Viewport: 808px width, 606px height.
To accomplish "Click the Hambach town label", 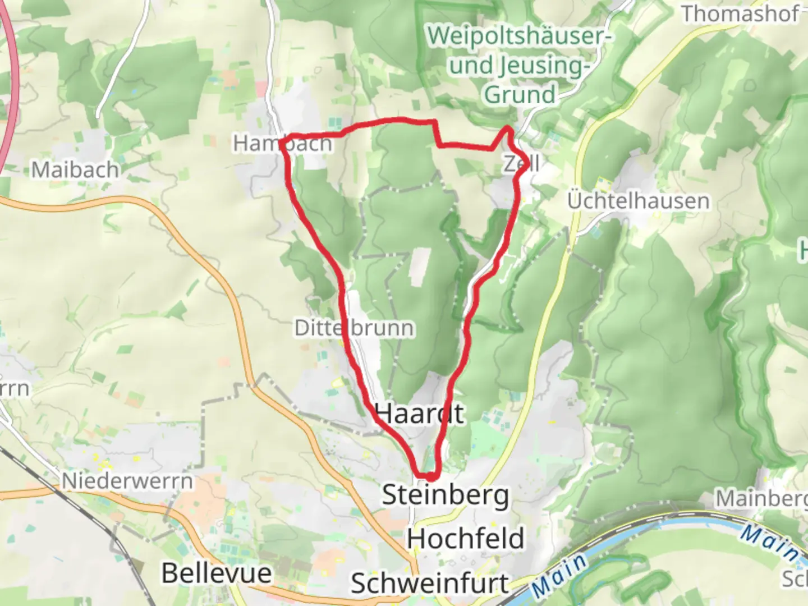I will click(283, 144).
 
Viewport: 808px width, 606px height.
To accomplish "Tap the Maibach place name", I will click(75, 169).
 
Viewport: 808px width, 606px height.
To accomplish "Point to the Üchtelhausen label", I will click(638, 201).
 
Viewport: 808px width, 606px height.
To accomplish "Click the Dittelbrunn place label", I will click(354, 328).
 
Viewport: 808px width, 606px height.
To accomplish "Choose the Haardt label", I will click(419, 414).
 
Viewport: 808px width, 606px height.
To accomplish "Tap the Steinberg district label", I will click(446, 495).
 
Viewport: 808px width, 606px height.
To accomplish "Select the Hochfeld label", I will click(466, 539).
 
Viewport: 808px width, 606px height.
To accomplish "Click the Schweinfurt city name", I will click(430, 584).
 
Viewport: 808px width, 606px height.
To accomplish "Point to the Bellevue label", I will click(217, 573).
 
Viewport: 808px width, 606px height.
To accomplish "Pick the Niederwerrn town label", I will click(127, 481).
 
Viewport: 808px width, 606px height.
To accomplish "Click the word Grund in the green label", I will click(520, 94).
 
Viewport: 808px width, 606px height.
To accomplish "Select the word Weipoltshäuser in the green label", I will click(520, 36).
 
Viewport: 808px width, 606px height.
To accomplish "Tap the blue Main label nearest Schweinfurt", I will click(559, 576).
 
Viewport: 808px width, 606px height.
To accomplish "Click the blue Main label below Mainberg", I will click(769, 541).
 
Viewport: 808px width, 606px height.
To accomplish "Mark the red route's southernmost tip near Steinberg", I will click(426, 477).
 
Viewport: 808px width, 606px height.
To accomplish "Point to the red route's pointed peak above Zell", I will click(508, 130).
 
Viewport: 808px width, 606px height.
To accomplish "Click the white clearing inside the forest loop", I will click(419, 267).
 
